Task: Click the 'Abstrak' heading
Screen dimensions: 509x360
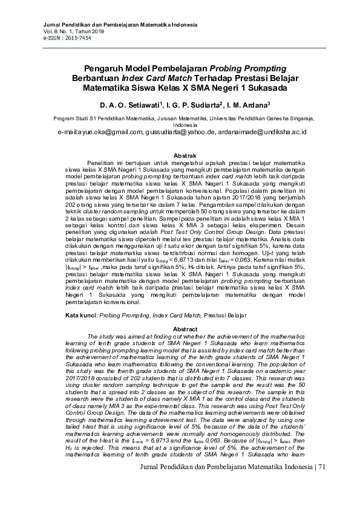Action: point(184,155)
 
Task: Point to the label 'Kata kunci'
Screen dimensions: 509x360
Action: point(80,316)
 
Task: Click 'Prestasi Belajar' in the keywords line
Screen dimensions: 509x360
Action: point(226,316)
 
